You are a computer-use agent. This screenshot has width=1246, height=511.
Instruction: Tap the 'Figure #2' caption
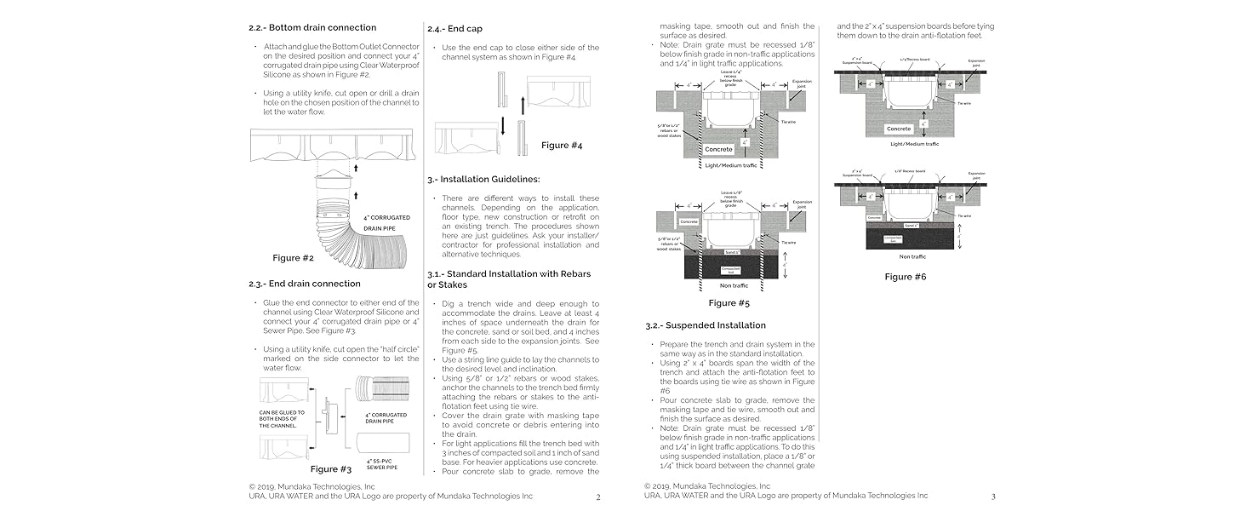tap(293, 257)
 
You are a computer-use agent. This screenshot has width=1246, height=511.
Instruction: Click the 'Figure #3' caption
tap(330, 468)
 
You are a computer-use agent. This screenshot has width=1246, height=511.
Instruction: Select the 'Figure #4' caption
tap(562, 145)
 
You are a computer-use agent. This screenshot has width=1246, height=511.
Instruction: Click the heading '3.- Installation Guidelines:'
tap(483, 179)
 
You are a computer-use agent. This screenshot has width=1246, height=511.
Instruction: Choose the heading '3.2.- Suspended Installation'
tap(706, 324)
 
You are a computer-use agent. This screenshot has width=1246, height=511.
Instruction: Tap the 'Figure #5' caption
tap(729, 302)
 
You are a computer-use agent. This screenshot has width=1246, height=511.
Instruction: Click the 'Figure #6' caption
tap(905, 276)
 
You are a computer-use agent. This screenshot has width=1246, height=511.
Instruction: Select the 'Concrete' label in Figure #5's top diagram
tap(718, 149)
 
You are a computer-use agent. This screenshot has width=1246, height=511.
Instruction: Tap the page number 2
tap(598, 497)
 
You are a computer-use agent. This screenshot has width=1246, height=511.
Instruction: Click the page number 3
tap(992, 497)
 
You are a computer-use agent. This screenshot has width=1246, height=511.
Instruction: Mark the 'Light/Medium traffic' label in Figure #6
tap(914, 144)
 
